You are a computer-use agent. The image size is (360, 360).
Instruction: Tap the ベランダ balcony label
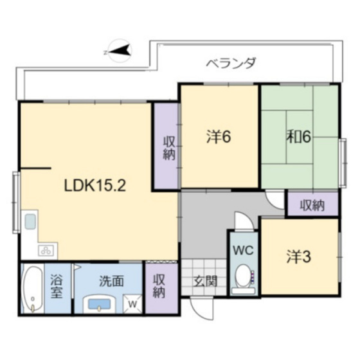tap(231, 63)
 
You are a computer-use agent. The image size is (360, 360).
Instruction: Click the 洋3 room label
tap(298, 256)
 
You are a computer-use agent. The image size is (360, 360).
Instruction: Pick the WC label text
tap(242, 249)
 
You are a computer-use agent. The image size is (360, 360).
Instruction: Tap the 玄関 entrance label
tap(206, 280)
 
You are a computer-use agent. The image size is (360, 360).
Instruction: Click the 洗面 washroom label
tap(111, 280)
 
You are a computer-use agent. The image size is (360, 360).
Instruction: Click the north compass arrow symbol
tap(120, 50)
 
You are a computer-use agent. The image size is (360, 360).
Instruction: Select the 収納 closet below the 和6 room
tap(312, 205)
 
